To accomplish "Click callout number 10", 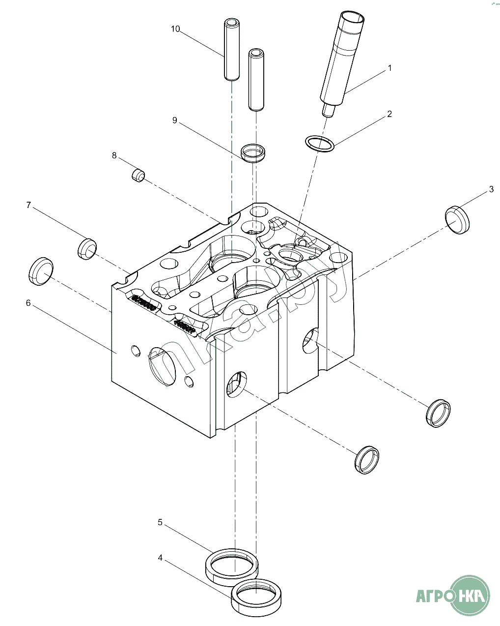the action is coord(175,29).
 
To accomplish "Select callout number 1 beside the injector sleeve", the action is coord(390,68).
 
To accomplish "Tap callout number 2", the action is coord(389,114).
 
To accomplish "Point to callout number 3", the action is coord(491,189).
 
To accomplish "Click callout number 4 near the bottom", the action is coord(160,558).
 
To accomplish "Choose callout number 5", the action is coord(160,522).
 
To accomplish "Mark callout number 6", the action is coord(28,303).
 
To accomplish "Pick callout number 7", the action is coord(28,205).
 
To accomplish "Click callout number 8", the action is coord(114,155).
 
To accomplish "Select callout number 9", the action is coord(174,120).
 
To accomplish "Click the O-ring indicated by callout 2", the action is coord(320,144).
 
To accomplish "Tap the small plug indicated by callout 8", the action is coord(139,175).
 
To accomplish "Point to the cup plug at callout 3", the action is coord(457,219).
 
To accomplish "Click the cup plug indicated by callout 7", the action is coord(87,249).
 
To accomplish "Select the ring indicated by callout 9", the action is coord(253,153).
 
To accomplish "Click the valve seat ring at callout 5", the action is coord(231,567).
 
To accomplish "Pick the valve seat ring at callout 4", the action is coord(256,596).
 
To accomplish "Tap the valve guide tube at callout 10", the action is coord(231,49).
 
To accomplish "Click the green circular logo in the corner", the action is coord(470,595).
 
